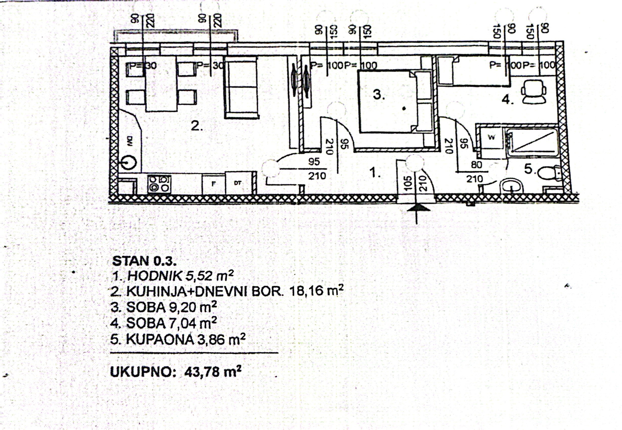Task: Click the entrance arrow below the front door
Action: pos(417,211)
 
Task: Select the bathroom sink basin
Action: pos(511,186)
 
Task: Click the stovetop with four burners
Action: pos(159,184)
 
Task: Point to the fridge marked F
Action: pos(214,184)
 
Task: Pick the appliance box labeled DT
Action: pos(238,183)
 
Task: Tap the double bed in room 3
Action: pos(394,101)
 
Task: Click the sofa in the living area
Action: pos(241,88)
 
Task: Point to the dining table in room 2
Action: pos(161,84)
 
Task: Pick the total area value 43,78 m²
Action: pos(213,372)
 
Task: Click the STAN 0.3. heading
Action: pos(144,261)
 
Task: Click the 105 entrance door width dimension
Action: pos(407,184)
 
